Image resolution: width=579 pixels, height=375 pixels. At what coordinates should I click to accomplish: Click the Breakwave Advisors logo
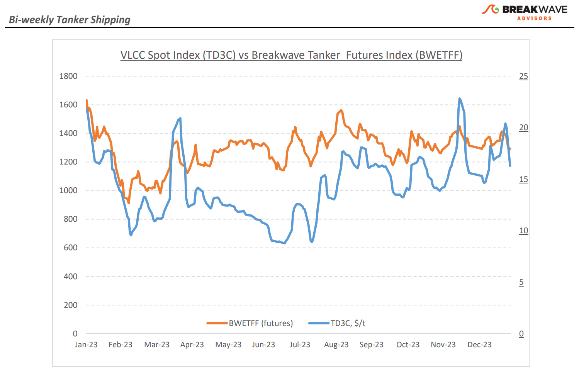(x=525, y=12)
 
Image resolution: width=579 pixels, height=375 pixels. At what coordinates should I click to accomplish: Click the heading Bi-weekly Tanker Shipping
(x=70, y=20)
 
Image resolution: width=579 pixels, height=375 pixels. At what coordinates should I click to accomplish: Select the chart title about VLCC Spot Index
(x=291, y=55)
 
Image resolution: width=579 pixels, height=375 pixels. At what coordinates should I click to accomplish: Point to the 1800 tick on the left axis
(x=68, y=76)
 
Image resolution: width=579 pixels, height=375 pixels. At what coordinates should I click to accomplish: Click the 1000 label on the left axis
(x=68, y=190)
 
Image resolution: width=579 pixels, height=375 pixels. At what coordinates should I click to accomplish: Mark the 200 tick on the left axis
(x=70, y=305)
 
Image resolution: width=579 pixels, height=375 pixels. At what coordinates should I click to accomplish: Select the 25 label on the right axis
(x=523, y=76)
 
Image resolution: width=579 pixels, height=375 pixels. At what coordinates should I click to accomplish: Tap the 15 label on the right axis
(x=523, y=179)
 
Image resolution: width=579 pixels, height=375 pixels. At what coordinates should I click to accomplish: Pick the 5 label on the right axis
(x=521, y=282)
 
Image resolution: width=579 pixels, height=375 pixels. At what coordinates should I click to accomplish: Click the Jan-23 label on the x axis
(x=86, y=344)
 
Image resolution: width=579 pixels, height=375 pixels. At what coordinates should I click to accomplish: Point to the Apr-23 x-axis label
(x=192, y=344)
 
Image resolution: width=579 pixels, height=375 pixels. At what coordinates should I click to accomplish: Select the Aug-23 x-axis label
(x=336, y=344)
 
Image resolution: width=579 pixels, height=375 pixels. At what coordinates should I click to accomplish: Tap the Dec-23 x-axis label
(x=479, y=344)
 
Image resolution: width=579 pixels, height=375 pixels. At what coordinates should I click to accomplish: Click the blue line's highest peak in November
(x=459, y=99)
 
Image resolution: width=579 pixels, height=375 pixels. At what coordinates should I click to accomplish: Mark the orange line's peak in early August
(x=341, y=110)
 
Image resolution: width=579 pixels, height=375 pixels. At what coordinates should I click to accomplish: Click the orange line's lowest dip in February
(x=129, y=203)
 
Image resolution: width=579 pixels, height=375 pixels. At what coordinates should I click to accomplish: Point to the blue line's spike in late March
(x=180, y=119)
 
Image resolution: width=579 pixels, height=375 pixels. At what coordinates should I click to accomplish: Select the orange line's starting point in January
(x=87, y=100)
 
